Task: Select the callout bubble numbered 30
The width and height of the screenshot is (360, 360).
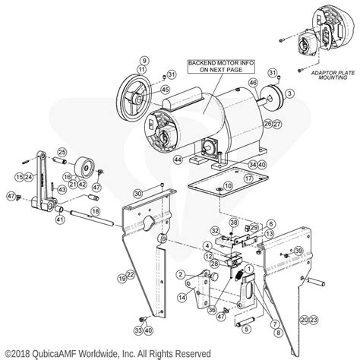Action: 137,194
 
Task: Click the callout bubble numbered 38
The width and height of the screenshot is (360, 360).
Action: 234,223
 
